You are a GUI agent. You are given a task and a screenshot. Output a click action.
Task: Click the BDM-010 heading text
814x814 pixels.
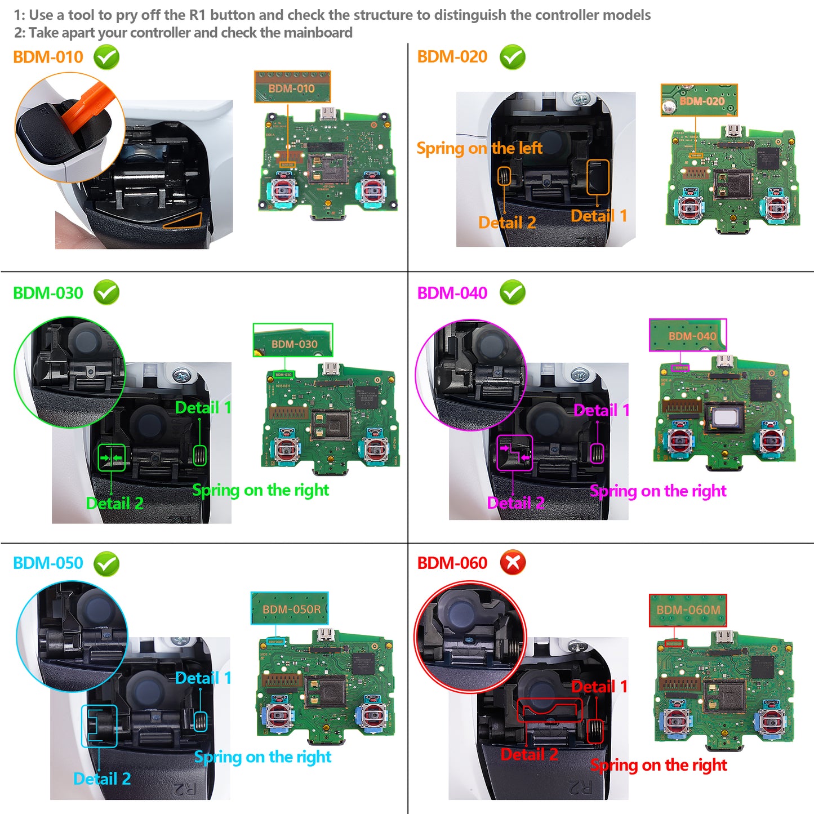tap(48, 57)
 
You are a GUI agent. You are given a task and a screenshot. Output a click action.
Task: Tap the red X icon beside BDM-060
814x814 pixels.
tap(513, 563)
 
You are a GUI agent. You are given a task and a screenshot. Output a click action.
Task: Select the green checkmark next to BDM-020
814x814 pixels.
tap(512, 57)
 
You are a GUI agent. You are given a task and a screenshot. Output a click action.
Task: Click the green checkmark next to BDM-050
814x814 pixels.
tap(106, 563)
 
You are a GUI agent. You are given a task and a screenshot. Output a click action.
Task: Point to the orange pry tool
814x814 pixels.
tap(84, 107)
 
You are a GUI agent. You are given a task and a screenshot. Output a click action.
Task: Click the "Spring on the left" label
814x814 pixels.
tap(479, 148)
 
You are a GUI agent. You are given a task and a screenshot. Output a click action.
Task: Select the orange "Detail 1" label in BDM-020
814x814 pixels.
tap(599, 216)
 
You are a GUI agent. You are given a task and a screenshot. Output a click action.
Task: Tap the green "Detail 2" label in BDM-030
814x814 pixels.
tap(114, 503)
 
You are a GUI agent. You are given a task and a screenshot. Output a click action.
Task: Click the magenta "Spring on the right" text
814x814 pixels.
tap(658, 491)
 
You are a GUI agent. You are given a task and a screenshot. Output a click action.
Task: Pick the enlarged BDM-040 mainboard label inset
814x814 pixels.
tap(688, 335)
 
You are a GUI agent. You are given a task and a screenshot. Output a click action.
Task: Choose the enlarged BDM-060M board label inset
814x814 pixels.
tap(688, 610)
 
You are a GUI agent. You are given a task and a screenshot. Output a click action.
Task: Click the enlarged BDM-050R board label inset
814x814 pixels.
tap(290, 608)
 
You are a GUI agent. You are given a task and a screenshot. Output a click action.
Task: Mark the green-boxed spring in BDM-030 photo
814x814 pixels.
tap(200, 455)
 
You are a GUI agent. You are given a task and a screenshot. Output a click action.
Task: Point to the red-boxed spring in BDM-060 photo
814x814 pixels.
tap(595, 731)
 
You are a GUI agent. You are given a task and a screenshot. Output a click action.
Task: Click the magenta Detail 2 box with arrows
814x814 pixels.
tap(514, 453)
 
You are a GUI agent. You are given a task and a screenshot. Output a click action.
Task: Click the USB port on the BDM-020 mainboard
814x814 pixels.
tap(733, 131)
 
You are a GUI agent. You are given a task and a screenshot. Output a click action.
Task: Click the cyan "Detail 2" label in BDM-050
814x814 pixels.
tap(102, 779)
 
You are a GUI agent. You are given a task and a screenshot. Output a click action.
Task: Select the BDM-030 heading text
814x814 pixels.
tap(48, 293)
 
